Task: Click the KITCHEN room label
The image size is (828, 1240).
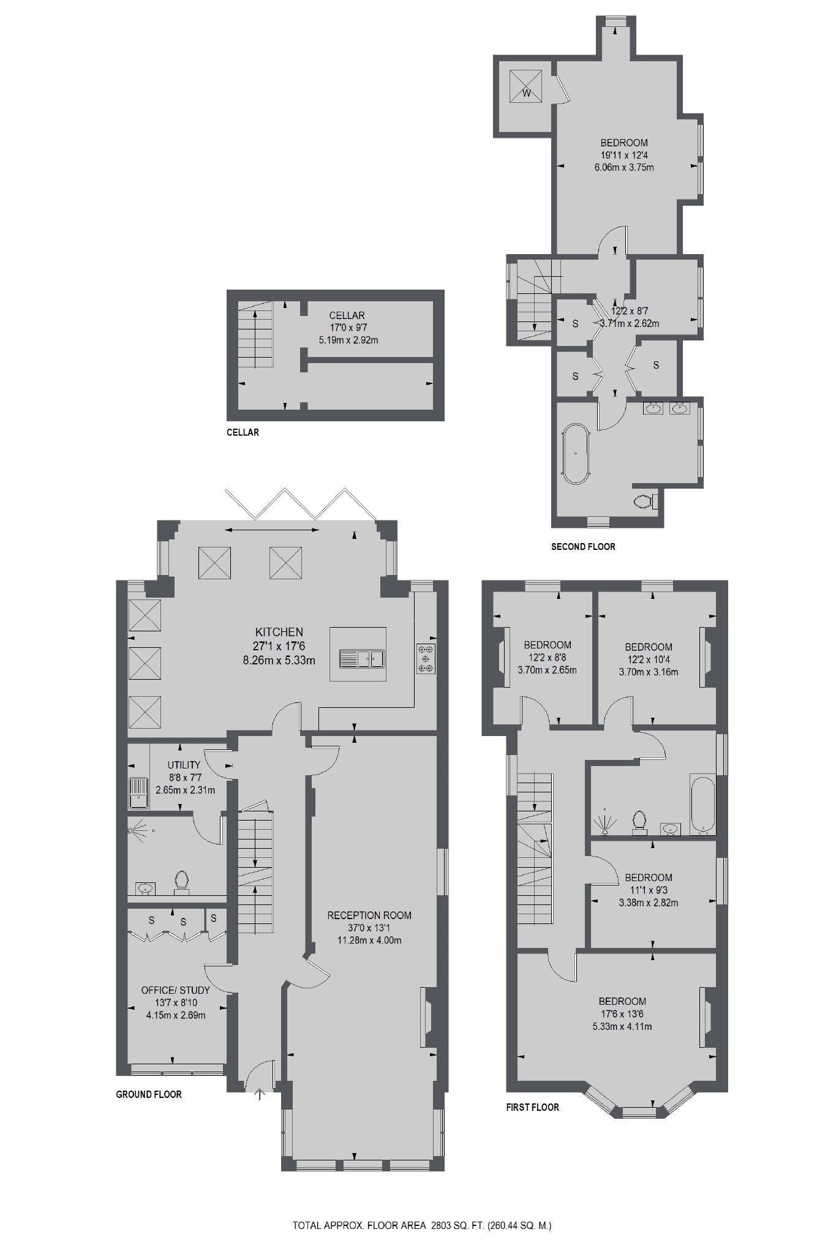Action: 279,632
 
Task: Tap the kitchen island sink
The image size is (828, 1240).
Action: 362,659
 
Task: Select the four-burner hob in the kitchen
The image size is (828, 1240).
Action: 426,658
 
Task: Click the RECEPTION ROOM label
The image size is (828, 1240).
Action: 369,915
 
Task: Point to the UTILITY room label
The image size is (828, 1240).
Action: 184,765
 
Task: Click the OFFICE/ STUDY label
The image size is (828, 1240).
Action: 175,990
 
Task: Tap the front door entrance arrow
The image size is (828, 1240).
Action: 260,1094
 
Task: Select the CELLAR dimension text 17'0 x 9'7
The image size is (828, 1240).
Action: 347,328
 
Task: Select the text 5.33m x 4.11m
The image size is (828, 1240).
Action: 622,1026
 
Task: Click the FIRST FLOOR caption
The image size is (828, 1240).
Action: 532,1107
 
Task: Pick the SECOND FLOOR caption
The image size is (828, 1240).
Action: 583,546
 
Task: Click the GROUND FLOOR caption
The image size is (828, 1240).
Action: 149,1094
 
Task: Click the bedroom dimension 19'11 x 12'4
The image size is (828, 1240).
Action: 624,155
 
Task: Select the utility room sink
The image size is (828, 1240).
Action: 138,792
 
